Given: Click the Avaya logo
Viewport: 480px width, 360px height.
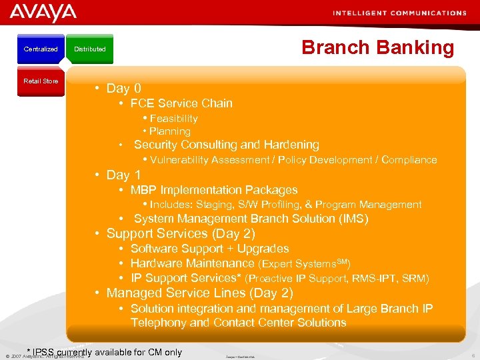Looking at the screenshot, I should [x=43, y=13].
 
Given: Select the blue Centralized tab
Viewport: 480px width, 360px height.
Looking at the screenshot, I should [x=41, y=49].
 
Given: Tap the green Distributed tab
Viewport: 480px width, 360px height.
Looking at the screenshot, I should [x=90, y=49].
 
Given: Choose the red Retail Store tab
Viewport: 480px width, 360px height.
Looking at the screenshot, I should [x=41, y=81].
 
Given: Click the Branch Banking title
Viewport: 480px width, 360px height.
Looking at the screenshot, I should [x=377, y=47].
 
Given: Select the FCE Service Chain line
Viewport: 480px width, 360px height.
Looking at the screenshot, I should [x=181, y=103].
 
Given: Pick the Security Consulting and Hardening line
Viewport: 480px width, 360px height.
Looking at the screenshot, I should [x=227, y=145].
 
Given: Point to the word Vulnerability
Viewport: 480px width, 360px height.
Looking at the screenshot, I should [x=179, y=160].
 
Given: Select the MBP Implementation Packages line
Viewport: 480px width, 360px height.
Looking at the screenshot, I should [x=213, y=190].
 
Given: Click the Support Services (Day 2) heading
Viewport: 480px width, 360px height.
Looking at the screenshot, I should [x=180, y=233].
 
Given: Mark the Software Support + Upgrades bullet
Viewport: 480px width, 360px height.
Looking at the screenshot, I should [x=209, y=249].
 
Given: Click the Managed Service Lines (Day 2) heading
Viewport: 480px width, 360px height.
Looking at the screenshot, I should [x=199, y=293].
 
